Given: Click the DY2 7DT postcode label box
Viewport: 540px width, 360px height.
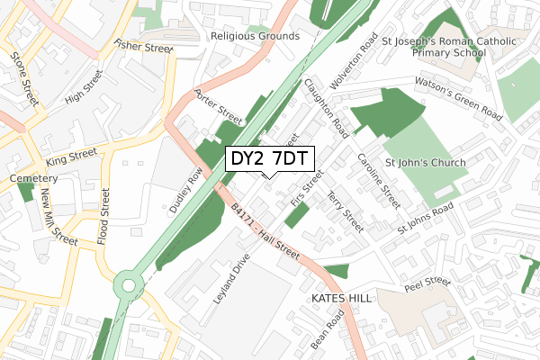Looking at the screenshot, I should click(269, 159).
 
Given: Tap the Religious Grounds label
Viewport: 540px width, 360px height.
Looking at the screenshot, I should click(255, 36).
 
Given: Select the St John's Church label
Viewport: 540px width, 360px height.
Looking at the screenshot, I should click(425, 163).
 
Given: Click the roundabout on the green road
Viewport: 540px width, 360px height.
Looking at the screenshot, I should click(129, 286).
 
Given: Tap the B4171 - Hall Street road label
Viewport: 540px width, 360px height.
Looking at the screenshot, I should click(265, 232).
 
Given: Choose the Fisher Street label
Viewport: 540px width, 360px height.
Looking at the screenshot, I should click(142, 46).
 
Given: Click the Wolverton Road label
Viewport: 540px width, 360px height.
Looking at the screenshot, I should click(353, 61).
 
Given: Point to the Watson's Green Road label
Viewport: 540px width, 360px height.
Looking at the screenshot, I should click(458, 100).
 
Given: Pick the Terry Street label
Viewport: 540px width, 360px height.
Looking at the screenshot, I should click(346, 211).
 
